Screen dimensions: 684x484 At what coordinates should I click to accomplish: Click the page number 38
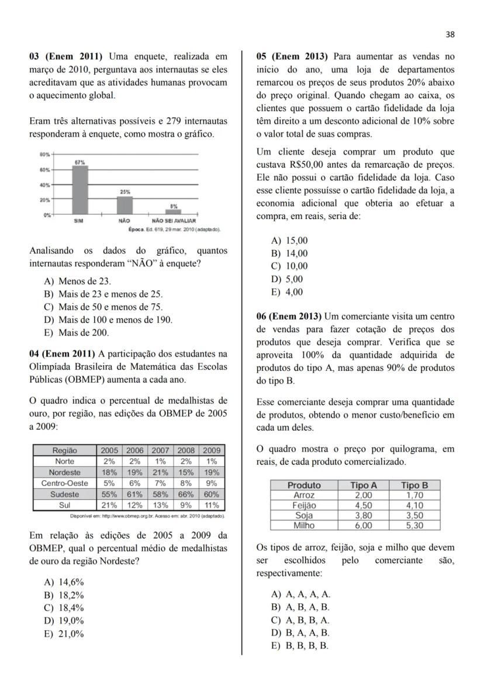(x=450, y=34)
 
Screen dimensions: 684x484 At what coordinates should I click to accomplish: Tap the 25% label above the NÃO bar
(x=125, y=192)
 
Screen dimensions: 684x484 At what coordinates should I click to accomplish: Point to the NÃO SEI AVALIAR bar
(x=173, y=211)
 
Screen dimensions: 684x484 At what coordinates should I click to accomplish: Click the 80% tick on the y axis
(x=44, y=155)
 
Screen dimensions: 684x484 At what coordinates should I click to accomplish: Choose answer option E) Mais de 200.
(x=76, y=333)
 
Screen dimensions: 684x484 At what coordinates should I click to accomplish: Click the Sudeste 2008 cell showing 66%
(x=186, y=494)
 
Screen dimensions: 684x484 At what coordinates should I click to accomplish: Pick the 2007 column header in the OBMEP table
(x=160, y=450)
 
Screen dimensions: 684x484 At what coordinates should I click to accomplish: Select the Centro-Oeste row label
(x=64, y=483)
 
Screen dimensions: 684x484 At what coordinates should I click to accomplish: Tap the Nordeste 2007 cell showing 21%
(x=160, y=473)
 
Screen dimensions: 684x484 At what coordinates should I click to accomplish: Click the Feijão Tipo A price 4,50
(x=364, y=505)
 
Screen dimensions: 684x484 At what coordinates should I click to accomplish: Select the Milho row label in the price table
(x=304, y=525)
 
